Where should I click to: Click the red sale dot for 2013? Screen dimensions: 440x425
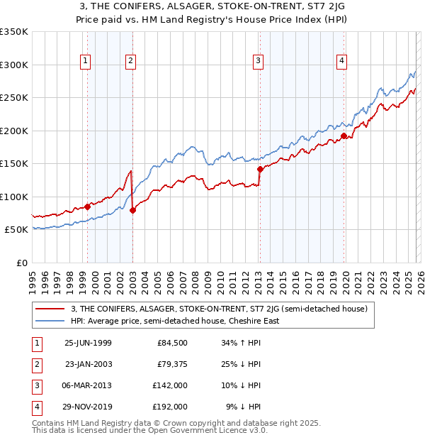click(260, 169)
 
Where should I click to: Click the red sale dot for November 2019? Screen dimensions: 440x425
click(344, 136)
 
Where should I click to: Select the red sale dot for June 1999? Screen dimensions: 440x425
click(88, 207)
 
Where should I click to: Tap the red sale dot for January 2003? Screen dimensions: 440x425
click(132, 210)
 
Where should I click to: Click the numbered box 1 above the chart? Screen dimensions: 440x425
click(85, 62)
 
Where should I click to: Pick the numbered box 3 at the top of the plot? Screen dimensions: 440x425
click(258, 62)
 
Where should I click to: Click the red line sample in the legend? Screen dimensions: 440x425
click(50, 309)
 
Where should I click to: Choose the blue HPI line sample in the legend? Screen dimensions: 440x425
click(50, 321)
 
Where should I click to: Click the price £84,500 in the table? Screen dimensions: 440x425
click(171, 343)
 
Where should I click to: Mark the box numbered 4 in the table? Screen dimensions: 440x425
click(37, 407)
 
